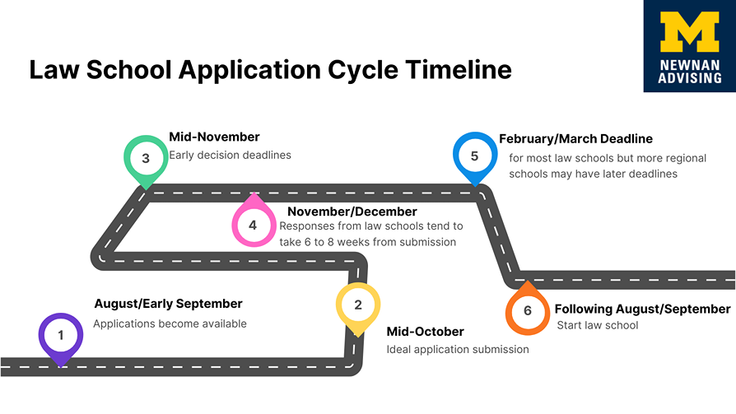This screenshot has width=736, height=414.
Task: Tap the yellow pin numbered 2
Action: coord(358,309)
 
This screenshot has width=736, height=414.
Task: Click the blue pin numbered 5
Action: coord(475,158)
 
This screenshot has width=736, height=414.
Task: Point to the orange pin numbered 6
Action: coord(528,309)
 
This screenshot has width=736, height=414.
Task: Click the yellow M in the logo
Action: coord(690,32)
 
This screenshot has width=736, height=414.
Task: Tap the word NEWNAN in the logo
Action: coord(690,65)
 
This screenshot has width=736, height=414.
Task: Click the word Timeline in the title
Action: coord(459,69)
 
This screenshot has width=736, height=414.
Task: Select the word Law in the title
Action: coord(54,69)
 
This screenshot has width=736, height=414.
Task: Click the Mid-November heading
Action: coord(214,137)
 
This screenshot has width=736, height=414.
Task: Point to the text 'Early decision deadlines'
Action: coord(230,155)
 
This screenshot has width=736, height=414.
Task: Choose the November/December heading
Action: coord(352,212)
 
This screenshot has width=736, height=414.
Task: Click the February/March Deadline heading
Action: coord(576,139)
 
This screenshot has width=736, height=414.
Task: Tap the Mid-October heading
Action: coord(426,332)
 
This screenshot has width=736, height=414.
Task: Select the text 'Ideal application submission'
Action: coord(458,350)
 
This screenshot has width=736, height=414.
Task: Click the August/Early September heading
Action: coord(169,305)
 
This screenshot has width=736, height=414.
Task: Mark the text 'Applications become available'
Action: coord(170,324)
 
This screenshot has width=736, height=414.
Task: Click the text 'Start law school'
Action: coord(598,325)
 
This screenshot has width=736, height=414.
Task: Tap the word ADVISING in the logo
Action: coord(690,78)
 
